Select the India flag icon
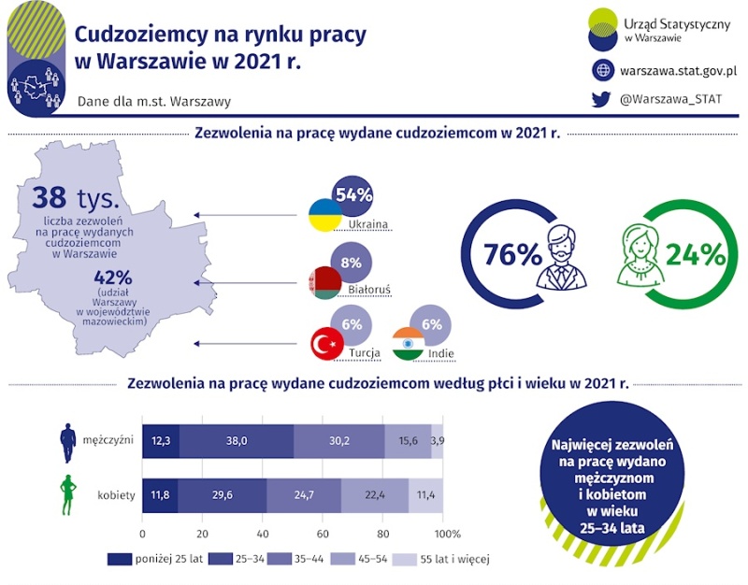[x=409, y=344]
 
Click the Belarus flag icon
[x=324, y=281]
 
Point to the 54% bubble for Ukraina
[x=353, y=195]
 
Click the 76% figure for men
[x=512, y=254]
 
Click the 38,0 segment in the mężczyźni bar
[x=236, y=440]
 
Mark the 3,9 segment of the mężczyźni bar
[x=438, y=440]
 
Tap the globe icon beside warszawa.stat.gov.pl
[x=602, y=70]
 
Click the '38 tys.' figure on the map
[x=76, y=198]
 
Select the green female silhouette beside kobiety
[x=67, y=493]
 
